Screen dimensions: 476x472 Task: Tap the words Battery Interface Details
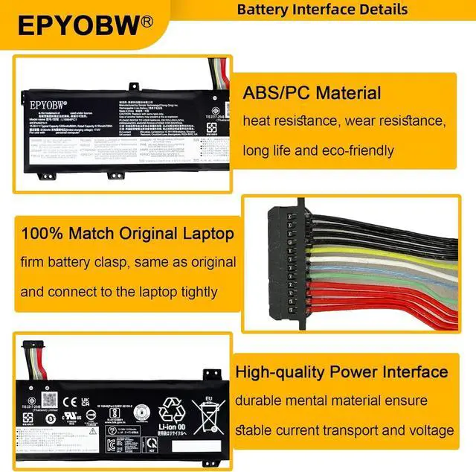[x=322, y=10]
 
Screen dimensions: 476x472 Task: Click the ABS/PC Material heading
[x=312, y=94]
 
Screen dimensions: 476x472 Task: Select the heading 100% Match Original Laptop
[x=127, y=234]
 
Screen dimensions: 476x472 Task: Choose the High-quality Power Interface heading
[x=341, y=371]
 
